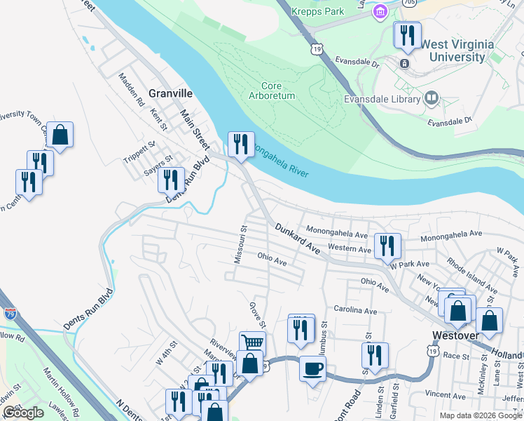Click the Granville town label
pyautogui.click(x=170, y=93)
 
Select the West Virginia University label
pyautogui.click(x=457, y=51)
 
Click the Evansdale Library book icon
pyautogui.click(x=432, y=98)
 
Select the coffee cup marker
pyautogui.click(x=312, y=367)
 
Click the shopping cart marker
pyautogui.click(x=252, y=342)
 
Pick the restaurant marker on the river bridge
pyautogui.click(x=241, y=144)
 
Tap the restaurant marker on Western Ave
pyautogui.click(x=387, y=245)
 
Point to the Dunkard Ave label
pyautogui.click(x=297, y=239)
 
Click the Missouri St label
pyautogui.click(x=240, y=245)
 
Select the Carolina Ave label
pyautogui.click(x=355, y=311)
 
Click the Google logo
pyautogui.click(x=23, y=413)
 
